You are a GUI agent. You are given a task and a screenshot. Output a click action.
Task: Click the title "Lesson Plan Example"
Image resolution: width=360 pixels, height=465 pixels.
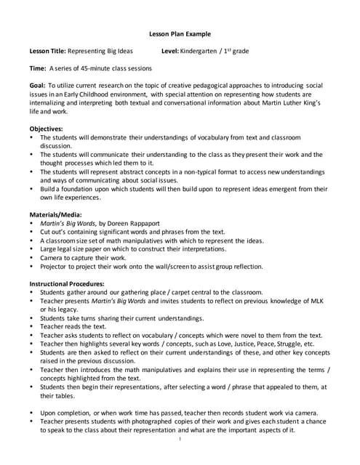tap(180, 33)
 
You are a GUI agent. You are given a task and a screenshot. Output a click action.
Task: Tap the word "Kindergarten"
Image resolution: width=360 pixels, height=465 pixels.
tap(211, 52)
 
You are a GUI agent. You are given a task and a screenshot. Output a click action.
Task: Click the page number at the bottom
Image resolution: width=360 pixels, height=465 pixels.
tap(180, 440)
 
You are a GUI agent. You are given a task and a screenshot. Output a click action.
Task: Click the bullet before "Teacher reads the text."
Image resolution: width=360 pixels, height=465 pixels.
tap(32, 327)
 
